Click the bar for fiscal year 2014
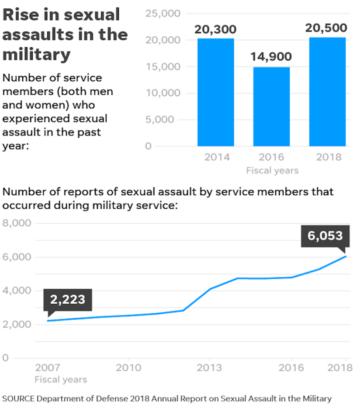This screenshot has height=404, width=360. click(215, 92)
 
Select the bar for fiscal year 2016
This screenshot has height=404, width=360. click(271, 107)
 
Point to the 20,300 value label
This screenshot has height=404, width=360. click(215, 30)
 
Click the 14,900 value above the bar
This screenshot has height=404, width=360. click(271, 57)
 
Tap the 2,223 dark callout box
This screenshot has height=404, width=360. click(68, 300)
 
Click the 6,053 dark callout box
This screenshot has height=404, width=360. click(325, 236)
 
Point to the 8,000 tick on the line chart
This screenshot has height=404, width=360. click(17, 223)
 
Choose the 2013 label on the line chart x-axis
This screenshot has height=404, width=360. click(209, 367)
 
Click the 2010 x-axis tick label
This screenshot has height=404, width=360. click(128, 367)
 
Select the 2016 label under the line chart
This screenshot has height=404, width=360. click(291, 367)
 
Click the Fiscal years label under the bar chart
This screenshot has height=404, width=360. click(272, 170)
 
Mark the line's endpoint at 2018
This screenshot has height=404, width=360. click(346, 256)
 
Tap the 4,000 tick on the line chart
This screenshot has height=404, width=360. click(17, 290)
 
